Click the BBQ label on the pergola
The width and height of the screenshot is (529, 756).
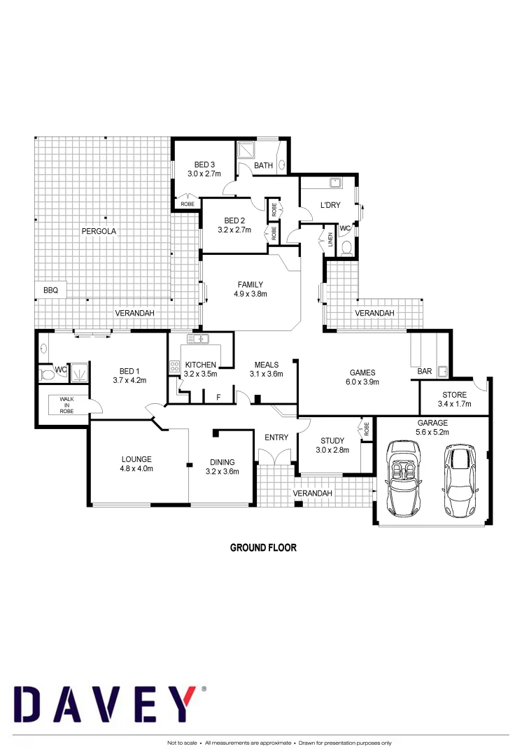50,289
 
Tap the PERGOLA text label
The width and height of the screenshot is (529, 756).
97,231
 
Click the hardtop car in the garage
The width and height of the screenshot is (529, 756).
458,478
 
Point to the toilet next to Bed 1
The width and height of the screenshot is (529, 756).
48,374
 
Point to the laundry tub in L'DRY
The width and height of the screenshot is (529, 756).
335,184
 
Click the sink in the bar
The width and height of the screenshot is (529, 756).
442,371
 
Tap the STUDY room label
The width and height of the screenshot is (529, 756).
332,445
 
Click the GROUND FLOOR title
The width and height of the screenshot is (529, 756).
263,547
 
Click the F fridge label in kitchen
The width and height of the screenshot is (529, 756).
218,398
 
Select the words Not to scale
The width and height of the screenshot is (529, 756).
182,743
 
